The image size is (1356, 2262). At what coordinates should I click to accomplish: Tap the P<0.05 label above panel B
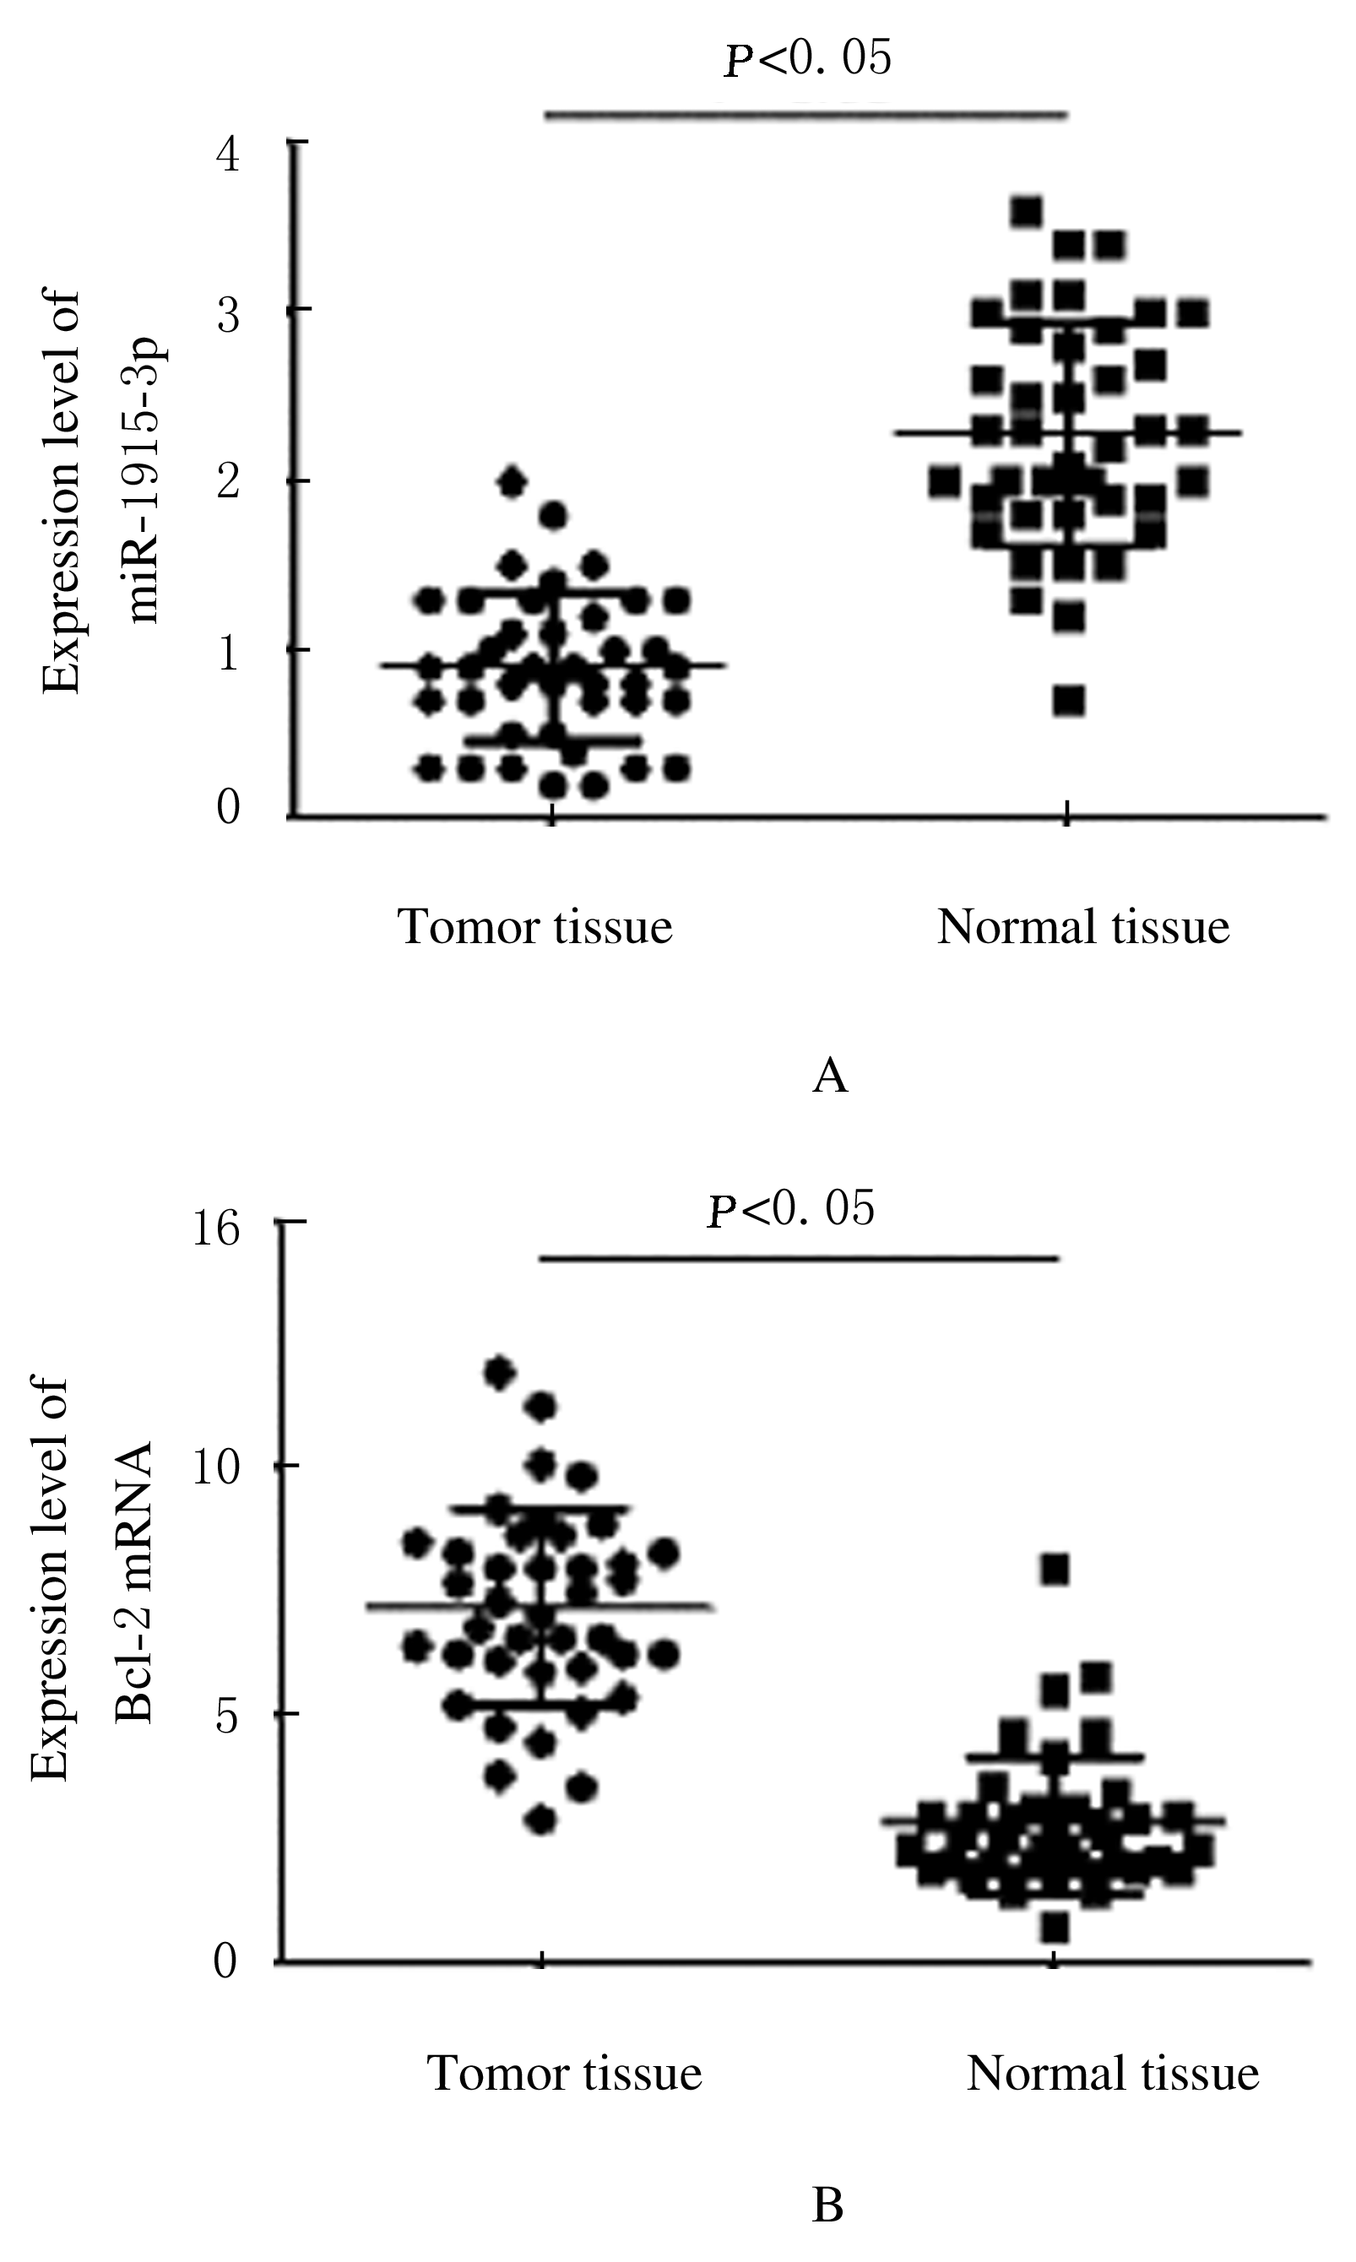coord(791,1210)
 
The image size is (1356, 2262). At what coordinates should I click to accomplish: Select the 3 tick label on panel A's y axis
coord(229,315)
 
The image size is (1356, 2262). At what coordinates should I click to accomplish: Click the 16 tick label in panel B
coord(214,1228)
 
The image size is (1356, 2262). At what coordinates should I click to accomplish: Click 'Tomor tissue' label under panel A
coord(534,926)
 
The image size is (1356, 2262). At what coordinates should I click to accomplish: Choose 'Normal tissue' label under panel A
coord(1082,926)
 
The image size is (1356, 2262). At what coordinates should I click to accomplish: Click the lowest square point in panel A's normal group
coord(1068,701)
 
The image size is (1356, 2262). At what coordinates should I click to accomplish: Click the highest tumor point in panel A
coord(512,480)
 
